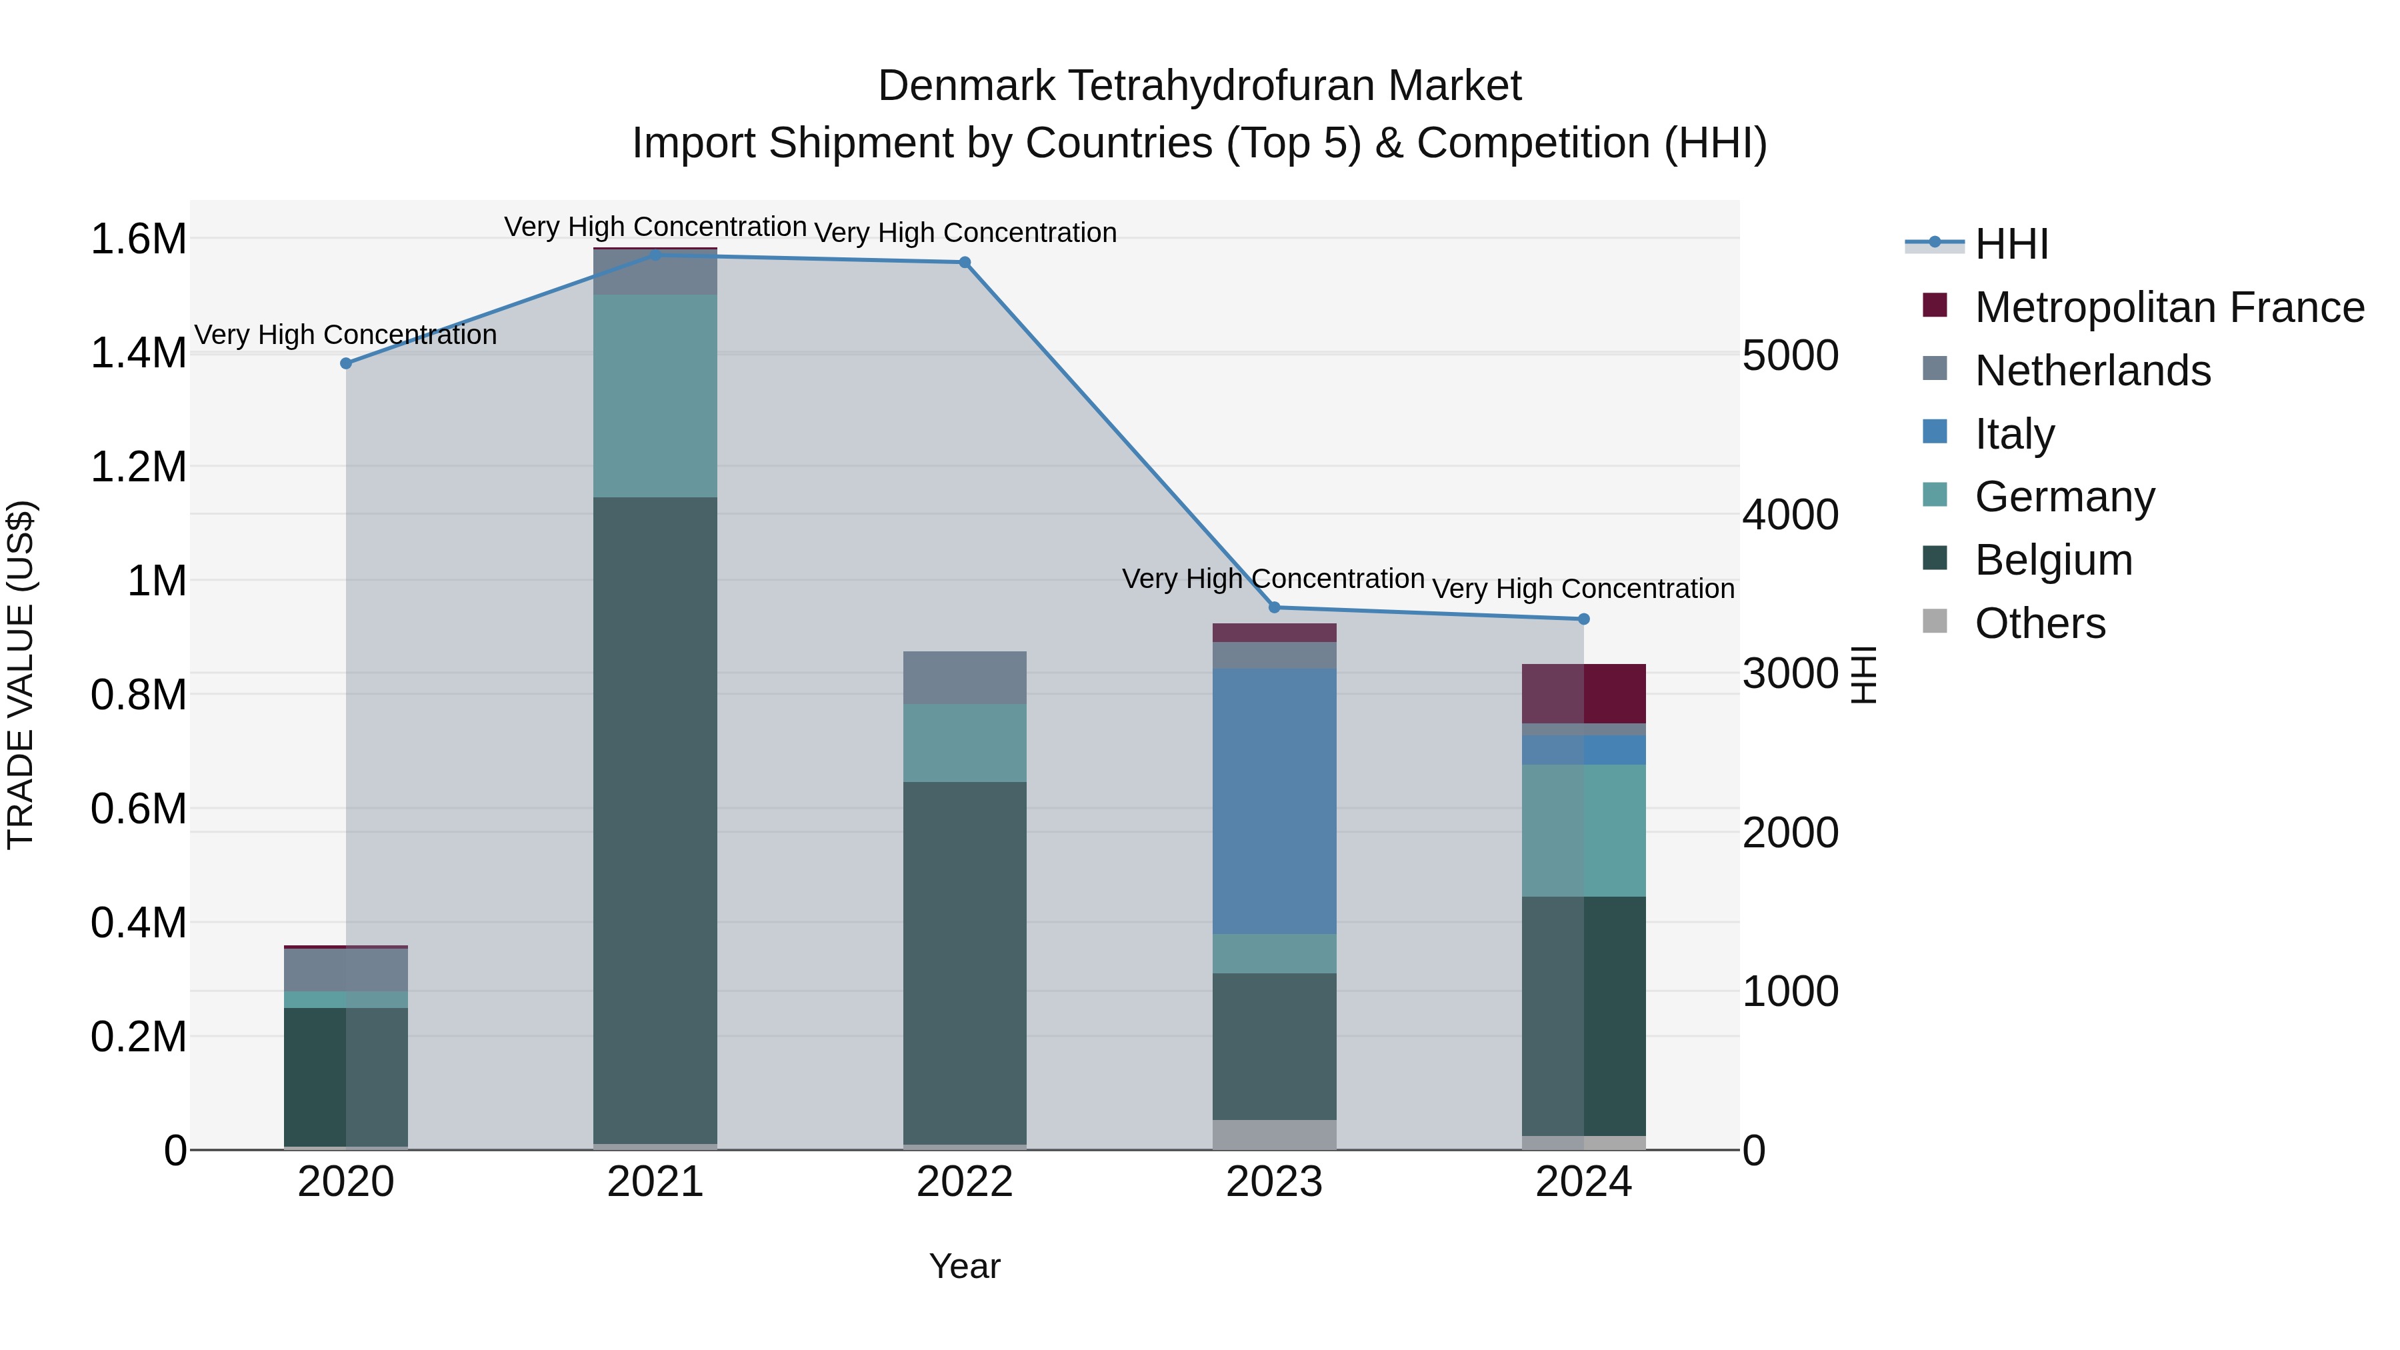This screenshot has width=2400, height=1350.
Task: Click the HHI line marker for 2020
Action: [345, 363]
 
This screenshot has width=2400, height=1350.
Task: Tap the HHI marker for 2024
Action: [1584, 619]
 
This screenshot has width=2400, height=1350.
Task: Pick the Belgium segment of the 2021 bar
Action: [655, 820]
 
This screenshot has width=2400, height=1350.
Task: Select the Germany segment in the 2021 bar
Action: [655, 396]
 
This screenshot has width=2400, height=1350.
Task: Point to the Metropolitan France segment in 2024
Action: [1584, 693]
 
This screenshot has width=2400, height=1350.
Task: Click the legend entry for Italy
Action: [2014, 434]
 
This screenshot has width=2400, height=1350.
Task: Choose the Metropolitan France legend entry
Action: [2169, 307]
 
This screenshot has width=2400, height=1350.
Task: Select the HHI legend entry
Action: [2011, 244]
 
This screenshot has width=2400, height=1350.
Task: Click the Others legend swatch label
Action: [2039, 623]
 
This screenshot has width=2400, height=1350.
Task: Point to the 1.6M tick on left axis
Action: [138, 239]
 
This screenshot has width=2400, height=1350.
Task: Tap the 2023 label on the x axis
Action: [1273, 1182]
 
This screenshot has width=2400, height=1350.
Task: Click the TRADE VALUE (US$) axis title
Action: [21, 675]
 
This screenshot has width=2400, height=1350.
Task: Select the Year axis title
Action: [964, 1266]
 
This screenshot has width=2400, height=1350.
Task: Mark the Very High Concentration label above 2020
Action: [345, 335]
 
